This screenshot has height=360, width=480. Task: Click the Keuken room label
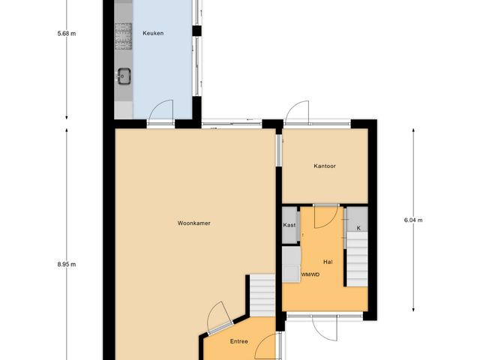click(x=153, y=33)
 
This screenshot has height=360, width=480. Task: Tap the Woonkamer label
click(x=193, y=223)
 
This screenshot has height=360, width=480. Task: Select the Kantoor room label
click(x=325, y=166)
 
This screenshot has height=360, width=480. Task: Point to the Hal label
click(x=328, y=262)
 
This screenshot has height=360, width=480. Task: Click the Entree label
click(x=239, y=342)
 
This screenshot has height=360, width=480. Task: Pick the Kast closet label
click(x=289, y=225)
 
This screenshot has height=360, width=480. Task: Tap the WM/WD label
click(x=310, y=274)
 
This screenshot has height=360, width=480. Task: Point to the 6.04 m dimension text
click(x=413, y=220)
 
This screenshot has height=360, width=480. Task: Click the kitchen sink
click(x=124, y=75)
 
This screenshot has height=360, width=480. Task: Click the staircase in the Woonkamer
click(x=262, y=295)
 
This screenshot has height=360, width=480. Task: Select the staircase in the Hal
click(x=356, y=259)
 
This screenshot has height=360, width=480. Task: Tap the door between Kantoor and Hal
click(x=324, y=216)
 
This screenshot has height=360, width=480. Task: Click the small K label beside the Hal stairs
click(x=358, y=227)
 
